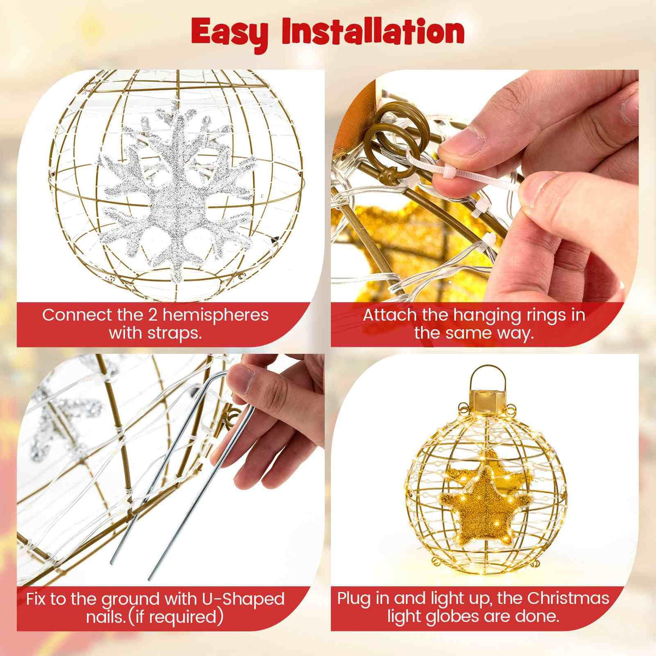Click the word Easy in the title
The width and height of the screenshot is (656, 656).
coord(230,33)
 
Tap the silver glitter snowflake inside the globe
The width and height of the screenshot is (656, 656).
coord(178,191)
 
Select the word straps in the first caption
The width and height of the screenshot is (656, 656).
coord(175,333)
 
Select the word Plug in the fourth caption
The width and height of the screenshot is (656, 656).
coord(354,598)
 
